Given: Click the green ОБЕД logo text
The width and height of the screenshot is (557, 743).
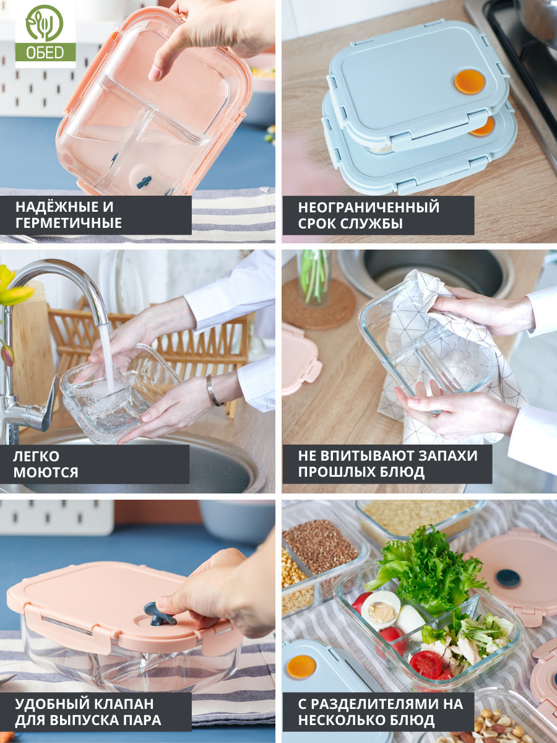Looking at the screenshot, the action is pyautogui.click(x=45, y=53).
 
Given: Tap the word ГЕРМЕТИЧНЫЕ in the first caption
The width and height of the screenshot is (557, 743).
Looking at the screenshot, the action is pyautogui.click(x=68, y=223).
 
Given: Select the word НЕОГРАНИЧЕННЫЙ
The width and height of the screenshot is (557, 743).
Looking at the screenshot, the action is pyautogui.click(x=369, y=207).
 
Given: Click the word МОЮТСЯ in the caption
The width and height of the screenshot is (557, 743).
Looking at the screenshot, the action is pyautogui.click(x=46, y=472).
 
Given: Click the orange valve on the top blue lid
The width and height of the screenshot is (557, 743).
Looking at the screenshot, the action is pyautogui.click(x=469, y=82).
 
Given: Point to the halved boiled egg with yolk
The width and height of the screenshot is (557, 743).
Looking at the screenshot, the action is pyautogui.click(x=381, y=610).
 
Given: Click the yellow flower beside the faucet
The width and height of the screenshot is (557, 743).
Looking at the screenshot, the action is pyautogui.click(x=14, y=288).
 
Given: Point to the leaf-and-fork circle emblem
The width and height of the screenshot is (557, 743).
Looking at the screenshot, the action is pyautogui.click(x=45, y=24).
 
